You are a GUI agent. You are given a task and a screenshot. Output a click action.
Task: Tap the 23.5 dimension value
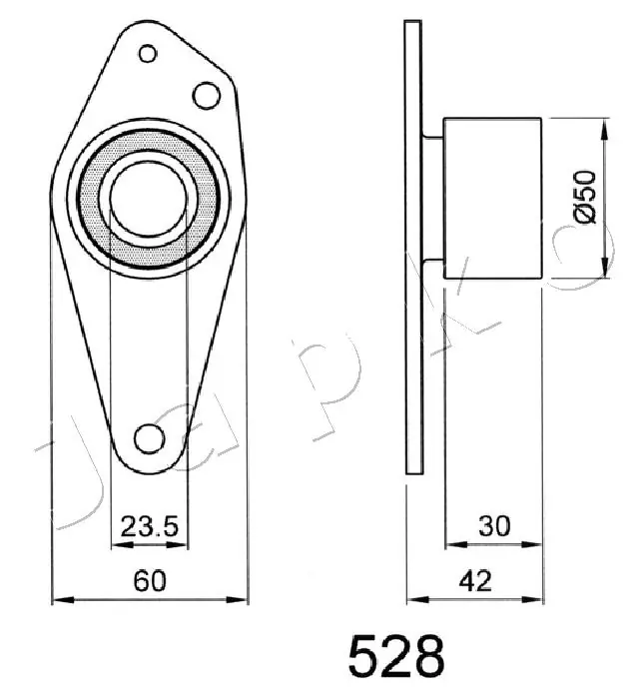[150, 526]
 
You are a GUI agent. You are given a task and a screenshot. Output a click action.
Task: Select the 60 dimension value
[150, 580]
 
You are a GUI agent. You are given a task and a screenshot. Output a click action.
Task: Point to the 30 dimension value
[495, 526]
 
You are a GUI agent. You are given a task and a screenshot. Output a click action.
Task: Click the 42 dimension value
[475, 580]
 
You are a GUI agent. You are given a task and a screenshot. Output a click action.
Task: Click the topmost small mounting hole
[148, 54]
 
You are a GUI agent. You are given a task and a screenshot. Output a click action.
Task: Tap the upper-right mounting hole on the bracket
[207, 96]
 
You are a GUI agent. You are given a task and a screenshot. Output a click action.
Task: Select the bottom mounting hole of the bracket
[150, 439]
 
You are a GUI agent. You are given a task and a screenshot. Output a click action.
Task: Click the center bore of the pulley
[148, 198]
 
